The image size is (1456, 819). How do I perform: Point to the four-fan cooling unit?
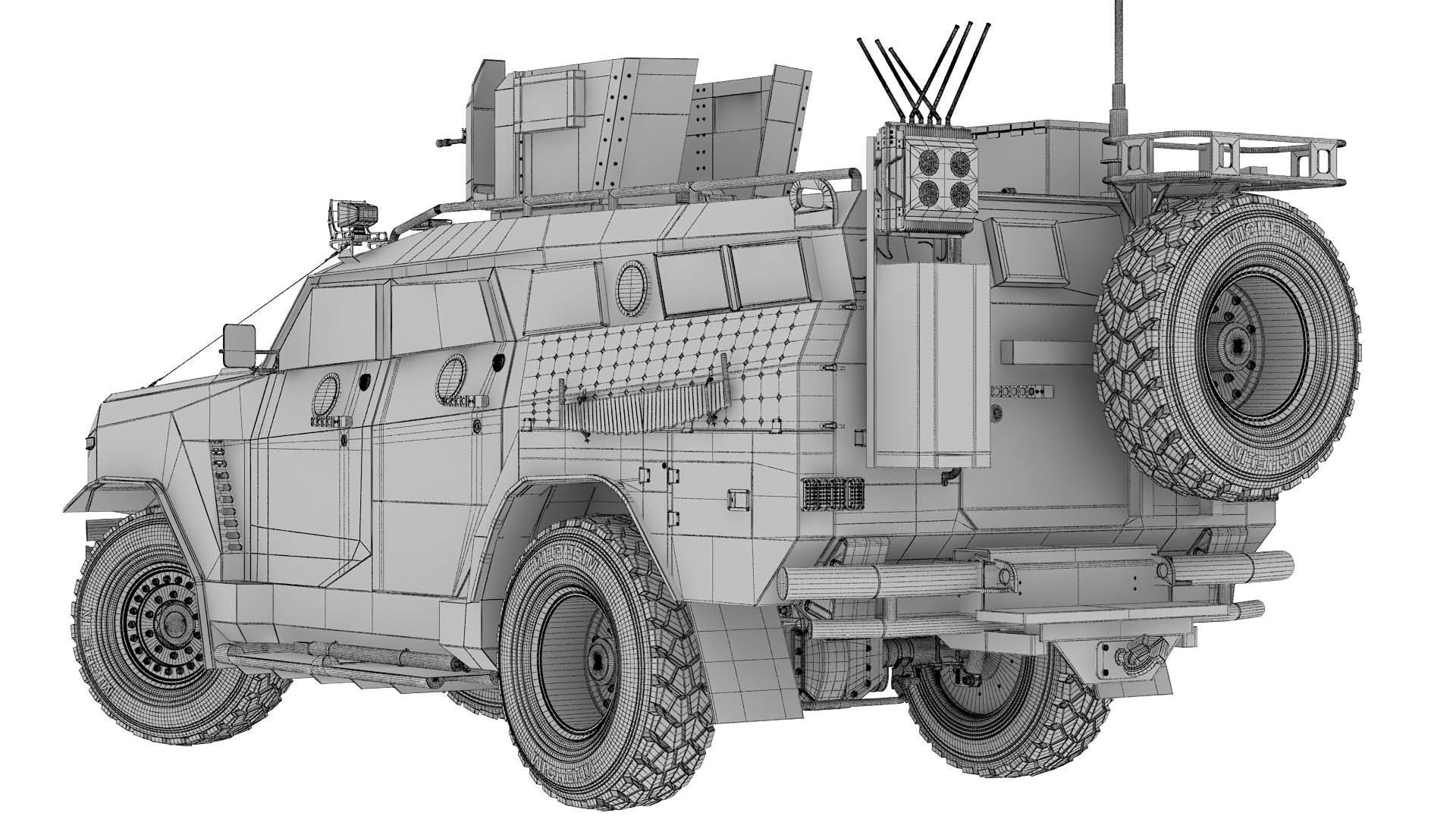(x=940, y=174)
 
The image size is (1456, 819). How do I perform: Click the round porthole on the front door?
(x=327, y=394)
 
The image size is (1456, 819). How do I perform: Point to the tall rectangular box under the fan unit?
(x=933, y=364)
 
